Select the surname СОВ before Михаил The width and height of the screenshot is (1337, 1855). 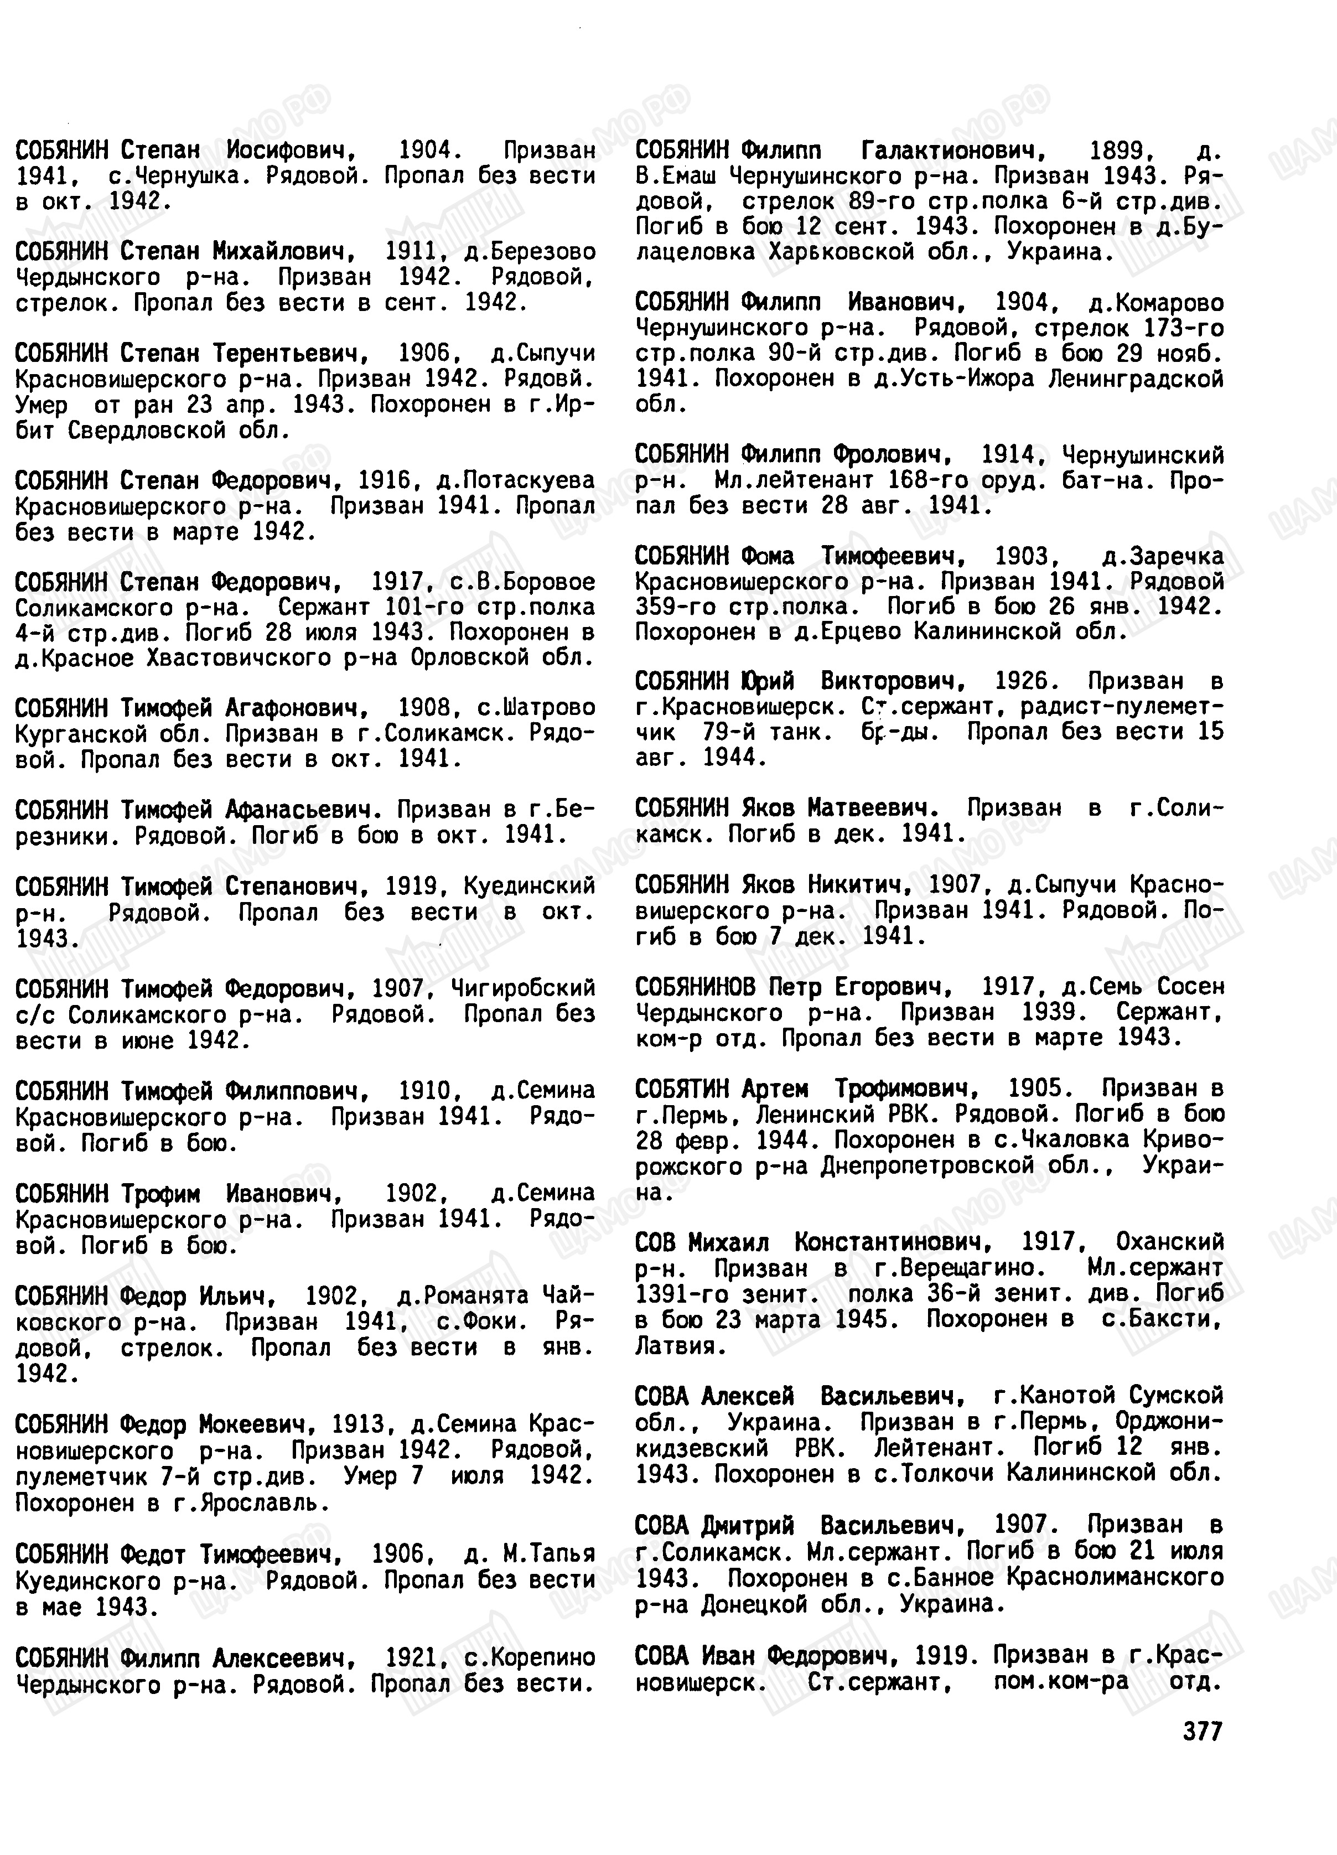(x=655, y=1242)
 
